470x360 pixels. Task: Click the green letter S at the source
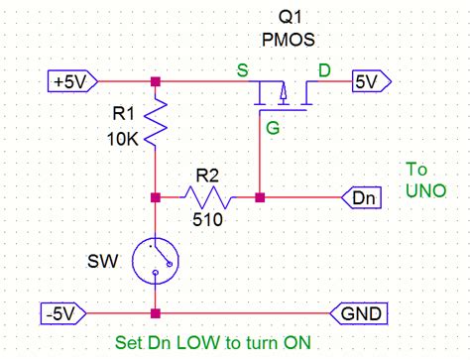pyautogui.click(x=242, y=68)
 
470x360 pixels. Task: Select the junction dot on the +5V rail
pyautogui.click(x=156, y=82)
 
